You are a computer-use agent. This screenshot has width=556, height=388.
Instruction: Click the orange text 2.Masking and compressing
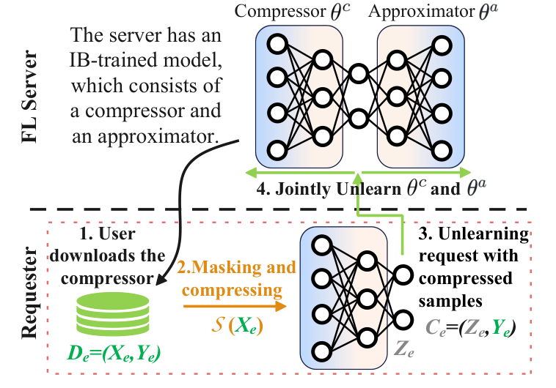pos(235,277)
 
